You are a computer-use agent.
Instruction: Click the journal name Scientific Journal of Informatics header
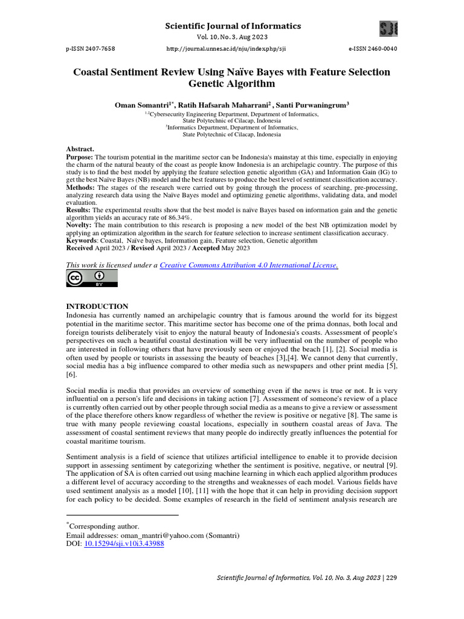click(232, 26)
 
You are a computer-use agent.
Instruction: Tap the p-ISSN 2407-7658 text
click(91, 48)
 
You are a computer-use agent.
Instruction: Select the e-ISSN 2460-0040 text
click(373, 48)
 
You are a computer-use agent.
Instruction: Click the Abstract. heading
click(80, 149)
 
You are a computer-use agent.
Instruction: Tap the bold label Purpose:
click(80, 157)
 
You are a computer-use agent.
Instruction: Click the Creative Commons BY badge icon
click(92, 278)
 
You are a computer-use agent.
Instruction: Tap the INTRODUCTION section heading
click(97, 306)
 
